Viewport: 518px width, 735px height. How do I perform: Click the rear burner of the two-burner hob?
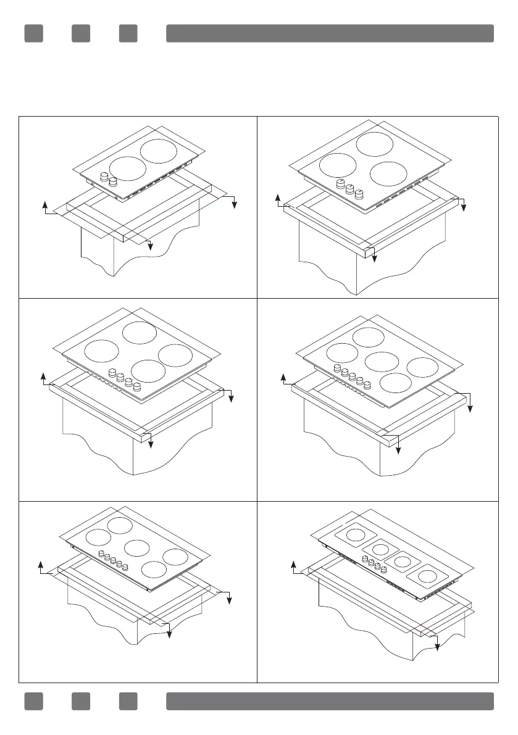(159, 151)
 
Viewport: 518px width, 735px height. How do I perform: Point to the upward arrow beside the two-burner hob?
(44, 205)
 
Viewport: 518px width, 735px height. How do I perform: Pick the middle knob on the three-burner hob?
(349, 189)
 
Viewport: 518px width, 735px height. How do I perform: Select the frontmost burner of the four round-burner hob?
(148, 372)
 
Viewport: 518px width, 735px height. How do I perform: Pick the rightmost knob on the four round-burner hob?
(136, 387)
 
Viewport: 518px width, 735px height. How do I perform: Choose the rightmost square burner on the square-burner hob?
(425, 577)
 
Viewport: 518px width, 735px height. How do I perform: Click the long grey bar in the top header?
(330, 33)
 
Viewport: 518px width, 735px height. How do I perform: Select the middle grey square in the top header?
(81, 33)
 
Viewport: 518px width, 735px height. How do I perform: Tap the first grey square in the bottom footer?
(33, 701)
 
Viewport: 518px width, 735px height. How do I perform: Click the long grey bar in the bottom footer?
(330, 701)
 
